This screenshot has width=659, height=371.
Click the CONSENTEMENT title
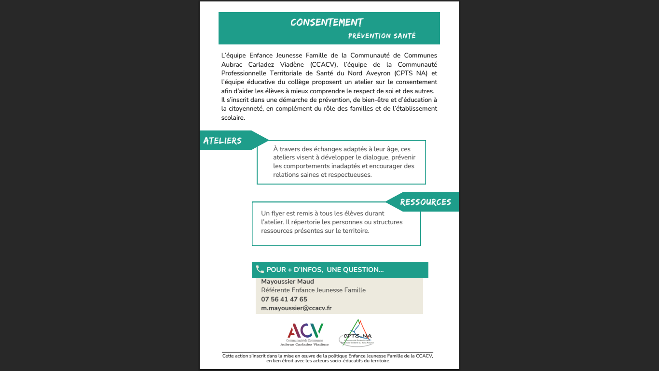(327, 23)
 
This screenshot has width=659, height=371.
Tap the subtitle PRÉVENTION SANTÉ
(382, 36)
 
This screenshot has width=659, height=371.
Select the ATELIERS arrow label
(222, 141)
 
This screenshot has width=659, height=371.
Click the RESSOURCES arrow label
(426, 202)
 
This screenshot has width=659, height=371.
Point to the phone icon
(260, 270)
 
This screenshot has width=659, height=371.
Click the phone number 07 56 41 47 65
(284, 300)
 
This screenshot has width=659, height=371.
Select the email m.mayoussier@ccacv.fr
(296, 308)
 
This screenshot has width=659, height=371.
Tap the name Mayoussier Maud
(288, 282)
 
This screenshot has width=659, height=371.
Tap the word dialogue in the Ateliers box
(372, 157)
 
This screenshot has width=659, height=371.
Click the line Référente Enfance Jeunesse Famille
(313, 290)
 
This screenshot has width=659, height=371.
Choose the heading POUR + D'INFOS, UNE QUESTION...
(325, 270)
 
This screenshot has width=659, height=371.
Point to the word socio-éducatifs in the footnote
(345, 361)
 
